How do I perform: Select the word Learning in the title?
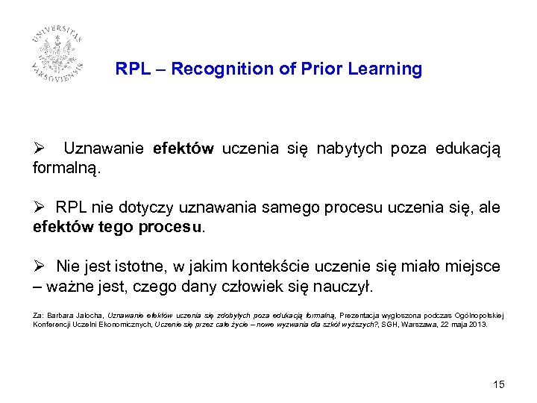pos(387,69)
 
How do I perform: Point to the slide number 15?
pos(499,384)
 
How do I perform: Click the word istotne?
pos(137,266)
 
